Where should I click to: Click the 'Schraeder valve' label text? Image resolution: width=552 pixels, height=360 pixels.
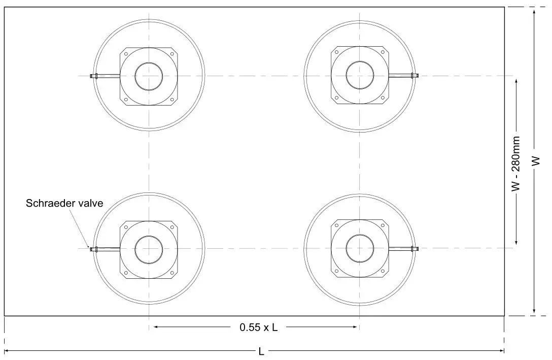tap(64, 204)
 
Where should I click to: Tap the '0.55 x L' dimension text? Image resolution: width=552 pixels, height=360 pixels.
tap(258, 328)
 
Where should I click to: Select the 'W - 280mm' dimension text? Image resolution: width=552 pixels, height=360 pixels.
tap(516, 163)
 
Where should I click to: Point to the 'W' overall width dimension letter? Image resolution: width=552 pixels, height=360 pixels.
tap(535, 161)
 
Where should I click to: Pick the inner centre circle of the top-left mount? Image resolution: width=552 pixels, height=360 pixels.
tap(149, 76)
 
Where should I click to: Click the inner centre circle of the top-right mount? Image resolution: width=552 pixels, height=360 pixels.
tap(360, 76)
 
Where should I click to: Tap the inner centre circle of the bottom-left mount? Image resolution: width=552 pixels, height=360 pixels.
tap(149, 249)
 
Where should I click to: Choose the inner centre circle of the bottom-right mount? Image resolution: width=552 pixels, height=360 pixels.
tap(360, 248)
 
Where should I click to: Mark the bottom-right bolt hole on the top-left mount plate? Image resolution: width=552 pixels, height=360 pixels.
tap(172, 99)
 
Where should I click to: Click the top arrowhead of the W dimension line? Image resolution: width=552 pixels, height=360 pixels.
tap(534, 11)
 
